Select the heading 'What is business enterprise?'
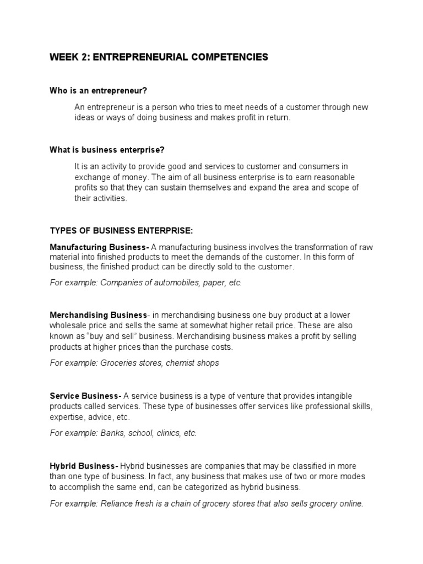point(107,149)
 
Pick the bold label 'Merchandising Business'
point(98,315)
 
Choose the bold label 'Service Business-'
point(85,396)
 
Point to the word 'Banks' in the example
point(112,433)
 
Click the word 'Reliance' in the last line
point(117,503)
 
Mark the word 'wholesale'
point(67,326)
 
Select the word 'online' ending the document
point(350,503)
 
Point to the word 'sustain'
point(162,187)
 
